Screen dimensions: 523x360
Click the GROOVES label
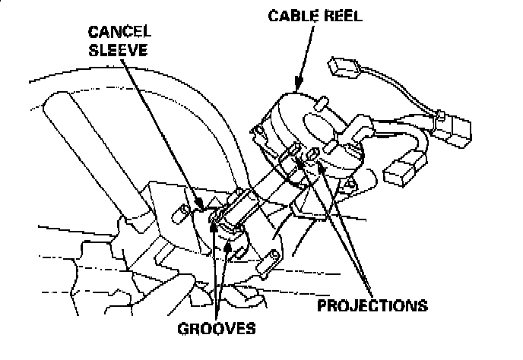point(217,330)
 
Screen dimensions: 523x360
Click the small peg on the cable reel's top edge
point(322,101)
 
